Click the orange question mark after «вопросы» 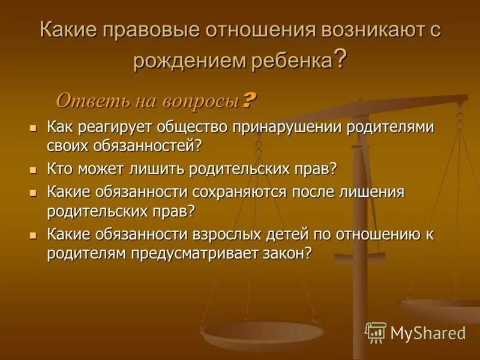[x=249, y=100]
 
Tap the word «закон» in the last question [x=290, y=253]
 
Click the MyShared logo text [x=428, y=332]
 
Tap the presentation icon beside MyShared [x=376, y=332]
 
